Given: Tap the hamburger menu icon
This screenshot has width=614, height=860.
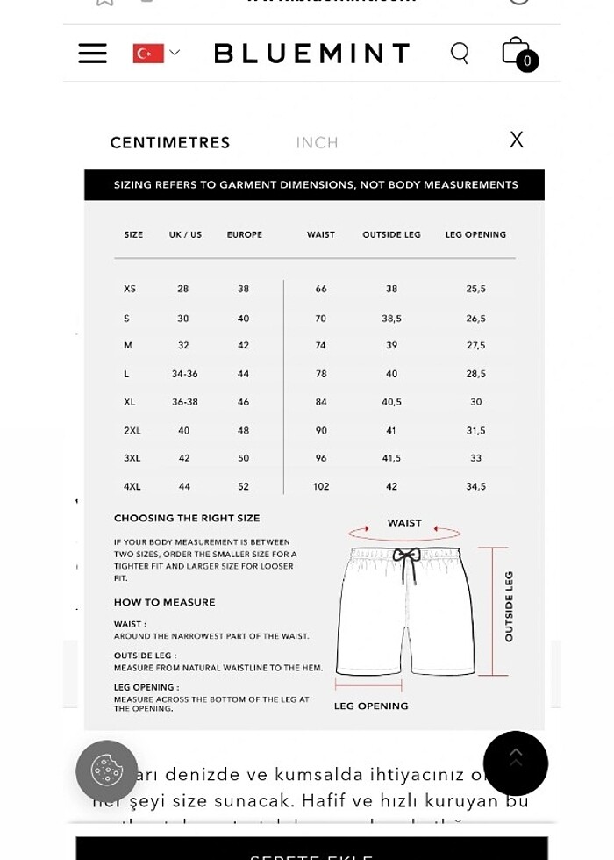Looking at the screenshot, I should [x=92, y=53].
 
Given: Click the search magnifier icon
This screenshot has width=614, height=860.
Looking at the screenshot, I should [x=460, y=53].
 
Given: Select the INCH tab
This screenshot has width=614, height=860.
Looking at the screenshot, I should [x=317, y=142].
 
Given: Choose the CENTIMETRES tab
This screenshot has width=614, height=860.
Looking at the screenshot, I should [x=169, y=142].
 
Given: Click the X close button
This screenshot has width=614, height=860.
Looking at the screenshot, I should [x=517, y=140].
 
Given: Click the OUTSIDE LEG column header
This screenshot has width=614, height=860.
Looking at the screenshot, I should [x=391, y=235].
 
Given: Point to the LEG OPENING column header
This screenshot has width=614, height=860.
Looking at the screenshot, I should [x=475, y=235].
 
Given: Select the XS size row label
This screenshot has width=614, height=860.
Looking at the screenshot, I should [x=130, y=289].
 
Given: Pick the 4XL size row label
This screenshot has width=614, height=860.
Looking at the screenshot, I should [x=132, y=486].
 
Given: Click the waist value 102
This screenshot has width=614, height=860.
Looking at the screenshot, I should [x=321, y=486].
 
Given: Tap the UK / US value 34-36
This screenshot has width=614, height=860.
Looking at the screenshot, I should [x=184, y=374].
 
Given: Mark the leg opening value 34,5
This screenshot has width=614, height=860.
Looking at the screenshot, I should [x=475, y=486].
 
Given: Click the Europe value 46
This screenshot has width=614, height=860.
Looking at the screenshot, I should [x=243, y=402].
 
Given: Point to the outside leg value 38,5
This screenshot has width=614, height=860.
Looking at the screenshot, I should [x=391, y=319].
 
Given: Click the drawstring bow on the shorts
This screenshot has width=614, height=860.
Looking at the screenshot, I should [x=405, y=556].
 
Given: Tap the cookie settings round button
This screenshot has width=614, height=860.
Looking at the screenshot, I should [x=107, y=770].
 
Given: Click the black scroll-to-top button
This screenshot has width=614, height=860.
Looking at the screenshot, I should [x=516, y=763].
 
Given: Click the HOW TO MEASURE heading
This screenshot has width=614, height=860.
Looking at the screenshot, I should [x=164, y=602].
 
